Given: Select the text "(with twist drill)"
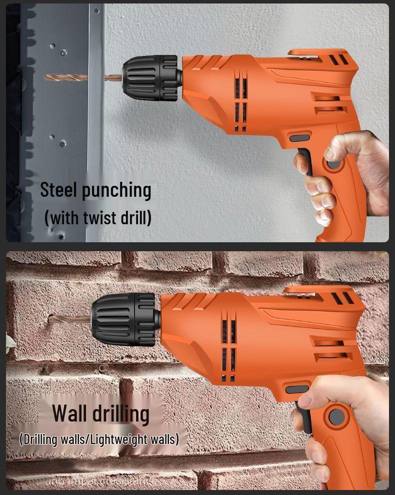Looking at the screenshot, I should pos(98,218).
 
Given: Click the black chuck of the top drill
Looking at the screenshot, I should pos(149,78).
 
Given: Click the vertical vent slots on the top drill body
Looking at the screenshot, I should pos(240,102).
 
